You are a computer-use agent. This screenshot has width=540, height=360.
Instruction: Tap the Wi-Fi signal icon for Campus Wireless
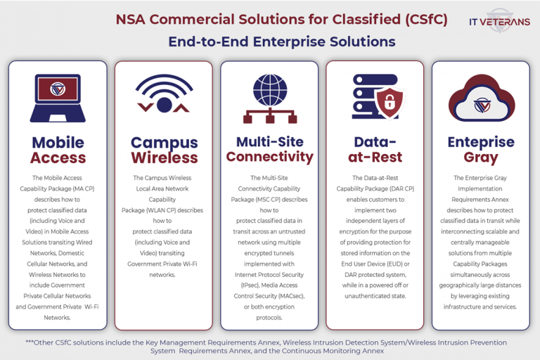(164, 94)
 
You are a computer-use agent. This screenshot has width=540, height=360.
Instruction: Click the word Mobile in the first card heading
(58, 143)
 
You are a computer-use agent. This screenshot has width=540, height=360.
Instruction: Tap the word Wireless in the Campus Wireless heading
(164, 158)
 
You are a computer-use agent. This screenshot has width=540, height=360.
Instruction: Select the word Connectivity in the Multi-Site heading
(269, 156)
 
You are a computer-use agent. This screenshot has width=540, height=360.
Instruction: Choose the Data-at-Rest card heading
(375, 150)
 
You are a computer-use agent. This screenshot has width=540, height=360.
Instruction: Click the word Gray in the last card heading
(481, 157)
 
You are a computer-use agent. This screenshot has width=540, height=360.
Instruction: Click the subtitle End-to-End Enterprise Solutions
(281, 41)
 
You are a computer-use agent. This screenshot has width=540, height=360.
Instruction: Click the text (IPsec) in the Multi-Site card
(247, 285)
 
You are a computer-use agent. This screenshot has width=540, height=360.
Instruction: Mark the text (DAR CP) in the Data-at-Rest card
(399, 188)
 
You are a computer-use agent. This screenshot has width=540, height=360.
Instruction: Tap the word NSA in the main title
(132, 19)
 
